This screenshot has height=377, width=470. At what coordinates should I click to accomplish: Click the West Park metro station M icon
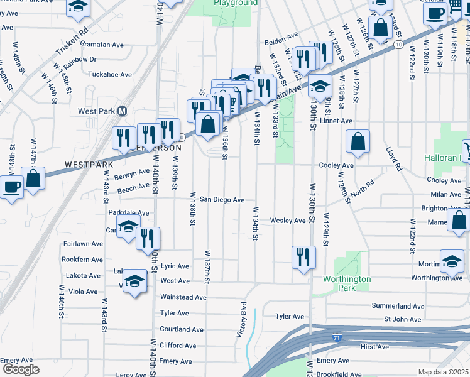pos(123,111)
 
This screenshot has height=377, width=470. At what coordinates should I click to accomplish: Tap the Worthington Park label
pos(347,283)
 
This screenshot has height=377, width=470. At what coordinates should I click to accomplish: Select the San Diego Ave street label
pos(222,200)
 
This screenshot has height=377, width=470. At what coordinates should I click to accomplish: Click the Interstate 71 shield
pos(337,338)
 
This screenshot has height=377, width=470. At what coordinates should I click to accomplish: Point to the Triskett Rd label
pos(71,38)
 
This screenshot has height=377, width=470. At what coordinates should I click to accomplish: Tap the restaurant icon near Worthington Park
pos(303,257)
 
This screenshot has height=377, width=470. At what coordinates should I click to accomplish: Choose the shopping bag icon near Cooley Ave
pos(358,143)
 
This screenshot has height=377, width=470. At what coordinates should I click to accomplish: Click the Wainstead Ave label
pos(183,297)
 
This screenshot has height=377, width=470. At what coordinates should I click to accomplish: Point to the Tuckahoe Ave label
pos(110,74)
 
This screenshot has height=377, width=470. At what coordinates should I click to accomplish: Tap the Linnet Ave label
pos(336,121)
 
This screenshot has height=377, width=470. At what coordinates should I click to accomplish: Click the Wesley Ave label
pos(288,221)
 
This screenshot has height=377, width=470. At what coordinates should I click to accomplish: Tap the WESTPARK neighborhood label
pos(89,165)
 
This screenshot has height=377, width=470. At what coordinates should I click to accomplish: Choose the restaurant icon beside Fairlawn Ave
pos(148,238)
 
